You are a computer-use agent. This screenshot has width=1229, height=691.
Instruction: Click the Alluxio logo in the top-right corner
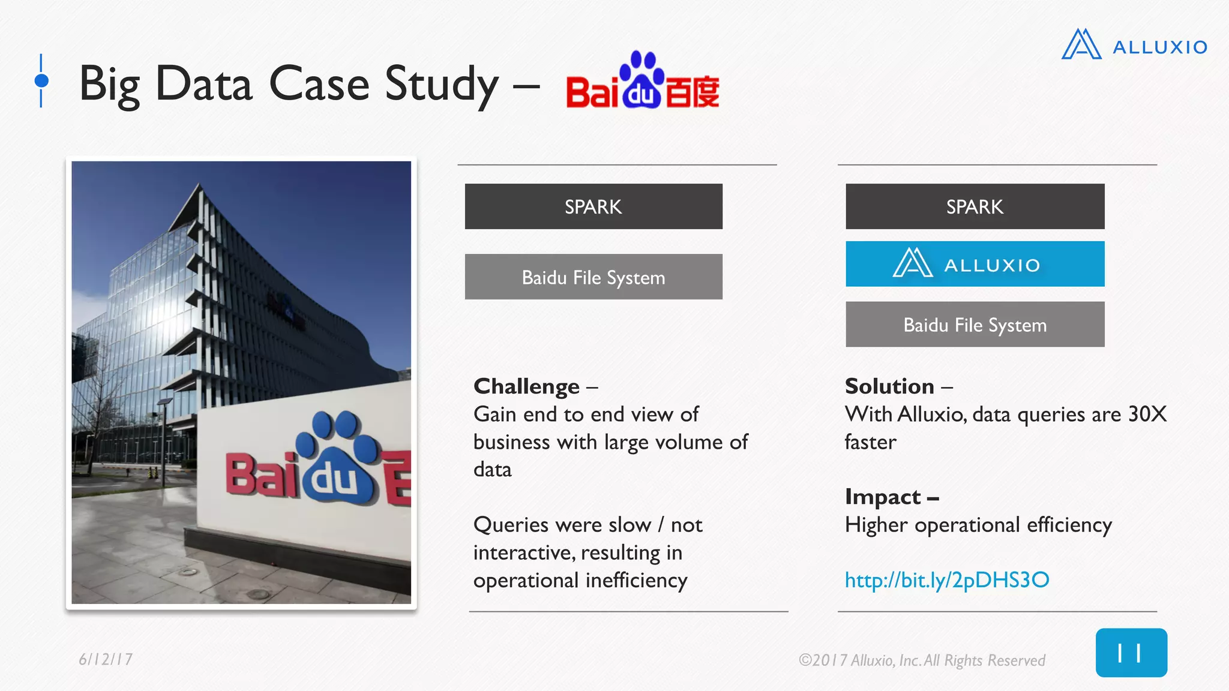[x=1134, y=46]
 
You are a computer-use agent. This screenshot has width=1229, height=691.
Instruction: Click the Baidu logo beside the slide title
[x=642, y=82]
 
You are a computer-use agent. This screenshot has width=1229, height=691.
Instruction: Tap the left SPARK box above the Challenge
[x=593, y=206]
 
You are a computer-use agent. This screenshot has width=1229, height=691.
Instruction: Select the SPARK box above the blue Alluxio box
[x=975, y=206]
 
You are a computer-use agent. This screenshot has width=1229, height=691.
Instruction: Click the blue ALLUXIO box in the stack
[x=975, y=264]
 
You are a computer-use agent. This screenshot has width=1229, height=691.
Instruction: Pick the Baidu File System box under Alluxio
[x=975, y=325]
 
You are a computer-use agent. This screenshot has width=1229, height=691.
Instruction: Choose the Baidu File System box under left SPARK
[x=593, y=277]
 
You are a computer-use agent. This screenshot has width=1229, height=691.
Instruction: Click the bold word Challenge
[x=526, y=386]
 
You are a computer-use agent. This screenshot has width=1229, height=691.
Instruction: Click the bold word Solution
[x=889, y=386]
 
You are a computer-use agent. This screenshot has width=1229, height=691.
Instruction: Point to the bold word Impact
[x=882, y=497]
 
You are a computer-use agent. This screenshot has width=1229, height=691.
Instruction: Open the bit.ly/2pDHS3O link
[x=946, y=580]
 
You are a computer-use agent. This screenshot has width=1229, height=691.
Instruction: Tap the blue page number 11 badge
[x=1131, y=653]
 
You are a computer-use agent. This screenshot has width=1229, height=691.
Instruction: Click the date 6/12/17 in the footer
[x=106, y=659]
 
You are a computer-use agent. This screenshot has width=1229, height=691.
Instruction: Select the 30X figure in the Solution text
[x=1147, y=414]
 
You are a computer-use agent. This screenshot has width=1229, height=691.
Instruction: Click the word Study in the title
[x=441, y=84]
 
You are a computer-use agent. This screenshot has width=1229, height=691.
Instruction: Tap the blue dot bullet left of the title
[x=41, y=80]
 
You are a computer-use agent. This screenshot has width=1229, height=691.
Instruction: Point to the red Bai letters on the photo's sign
[x=262, y=475]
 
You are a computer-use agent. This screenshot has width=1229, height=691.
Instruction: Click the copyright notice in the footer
[x=921, y=660]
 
